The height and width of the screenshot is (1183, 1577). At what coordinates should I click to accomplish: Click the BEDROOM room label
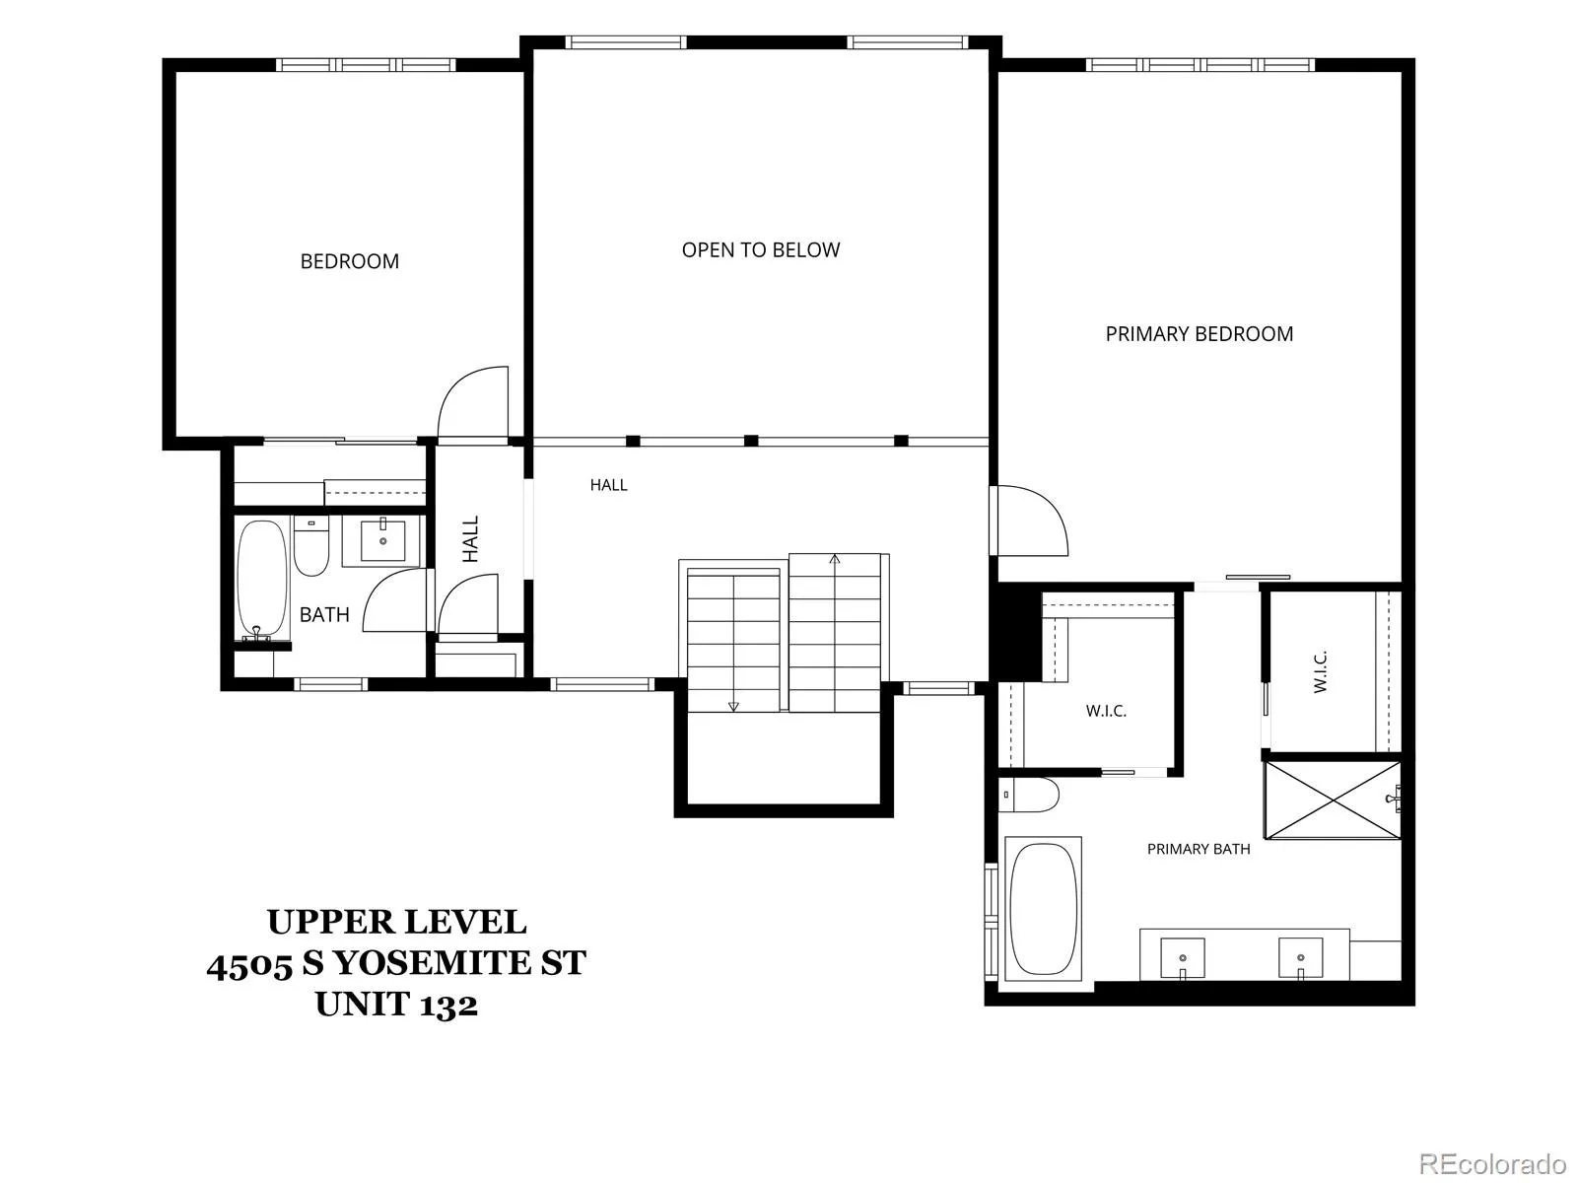pyautogui.click(x=349, y=261)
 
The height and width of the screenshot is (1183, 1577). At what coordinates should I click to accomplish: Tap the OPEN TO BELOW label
pyautogui.click(x=760, y=250)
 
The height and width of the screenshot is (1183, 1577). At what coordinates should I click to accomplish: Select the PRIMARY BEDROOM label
pyautogui.click(x=1200, y=334)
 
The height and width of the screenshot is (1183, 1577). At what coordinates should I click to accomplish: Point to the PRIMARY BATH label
pyautogui.click(x=1199, y=849)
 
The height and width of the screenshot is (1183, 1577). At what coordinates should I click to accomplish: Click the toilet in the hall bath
pyautogui.click(x=311, y=545)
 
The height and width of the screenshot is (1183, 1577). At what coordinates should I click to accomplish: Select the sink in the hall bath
pyautogui.click(x=382, y=541)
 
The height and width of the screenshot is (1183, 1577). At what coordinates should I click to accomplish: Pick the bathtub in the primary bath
pyautogui.click(x=1044, y=909)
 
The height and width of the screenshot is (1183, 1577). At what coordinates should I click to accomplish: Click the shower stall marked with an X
pyautogui.click(x=1333, y=800)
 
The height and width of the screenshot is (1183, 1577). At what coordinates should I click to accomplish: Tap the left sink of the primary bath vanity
pyautogui.click(x=1183, y=958)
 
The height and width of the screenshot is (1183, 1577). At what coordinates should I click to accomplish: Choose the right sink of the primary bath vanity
pyautogui.click(x=1300, y=958)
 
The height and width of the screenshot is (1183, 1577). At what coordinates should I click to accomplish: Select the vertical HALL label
pyautogui.click(x=470, y=538)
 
